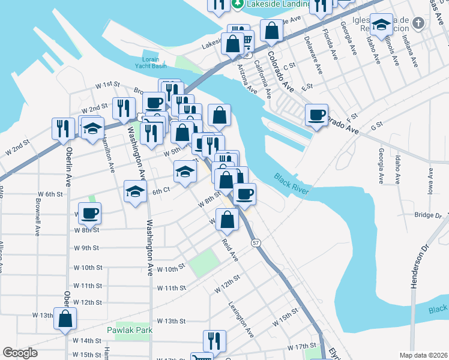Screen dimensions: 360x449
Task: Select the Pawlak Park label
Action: pos(130,330)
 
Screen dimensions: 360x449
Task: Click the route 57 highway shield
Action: pos(256,242)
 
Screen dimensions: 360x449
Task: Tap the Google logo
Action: pos(20,353)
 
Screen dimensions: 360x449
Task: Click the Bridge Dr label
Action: pos(427,214)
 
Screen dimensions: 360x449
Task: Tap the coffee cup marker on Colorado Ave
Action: pos(316,114)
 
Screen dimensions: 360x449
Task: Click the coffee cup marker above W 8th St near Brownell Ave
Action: pos(89,212)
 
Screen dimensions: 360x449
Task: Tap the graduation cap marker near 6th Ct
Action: pos(135,192)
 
